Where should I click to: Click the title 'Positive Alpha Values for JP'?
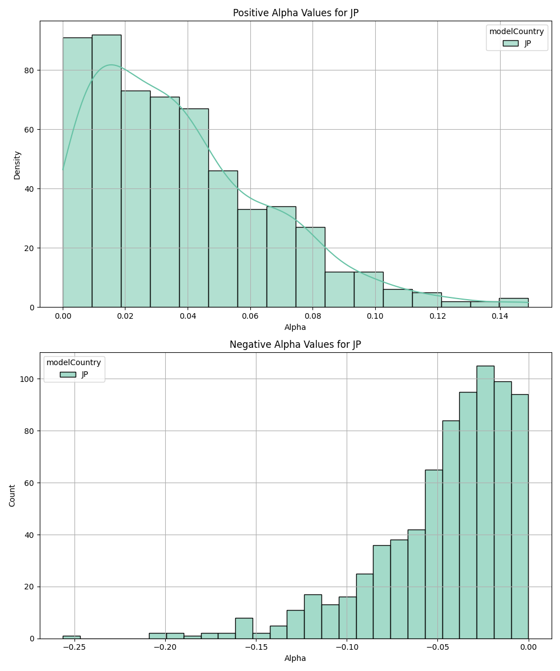(296, 13)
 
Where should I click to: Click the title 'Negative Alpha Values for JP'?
(295, 344)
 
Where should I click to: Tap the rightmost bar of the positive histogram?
(514, 303)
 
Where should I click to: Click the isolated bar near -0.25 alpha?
(71, 637)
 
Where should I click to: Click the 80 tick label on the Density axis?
(29, 70)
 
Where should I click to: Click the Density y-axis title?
(17, 164)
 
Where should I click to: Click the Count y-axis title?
(12, 495)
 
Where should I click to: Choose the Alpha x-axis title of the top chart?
(295, 327)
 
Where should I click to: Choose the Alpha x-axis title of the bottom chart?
(295, 658)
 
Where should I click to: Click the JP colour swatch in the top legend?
(510, 43)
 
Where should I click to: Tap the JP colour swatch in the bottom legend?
(68, 374)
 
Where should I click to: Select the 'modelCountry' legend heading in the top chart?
(516, 32)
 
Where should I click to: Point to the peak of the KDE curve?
(111, 65)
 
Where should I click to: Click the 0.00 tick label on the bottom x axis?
(528, 648)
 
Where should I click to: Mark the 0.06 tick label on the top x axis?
(250, 316)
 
